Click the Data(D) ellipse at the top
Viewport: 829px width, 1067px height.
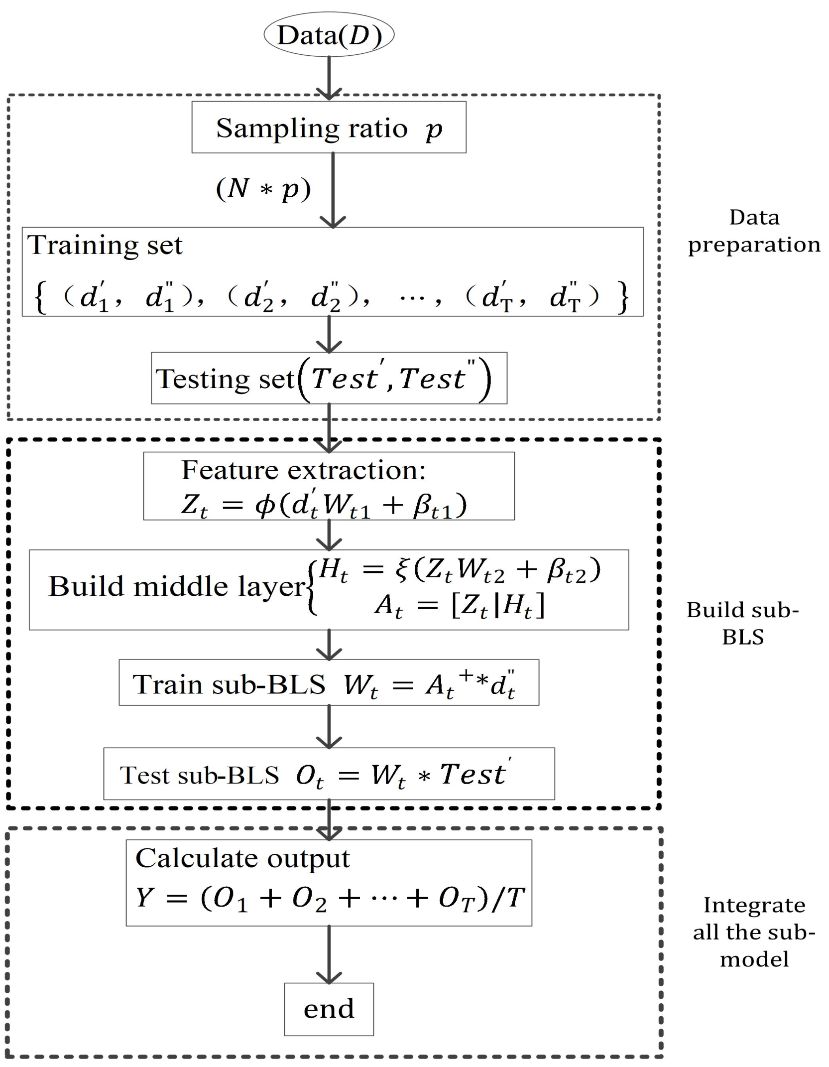(329, 35)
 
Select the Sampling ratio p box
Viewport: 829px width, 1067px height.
(329, 128)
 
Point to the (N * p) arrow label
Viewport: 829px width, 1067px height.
(263, 189)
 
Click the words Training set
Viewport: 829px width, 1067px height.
(105, 245)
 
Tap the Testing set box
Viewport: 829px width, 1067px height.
(329, 378)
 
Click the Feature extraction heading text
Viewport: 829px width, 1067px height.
(303, 470)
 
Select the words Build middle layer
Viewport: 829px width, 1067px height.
(176, 586)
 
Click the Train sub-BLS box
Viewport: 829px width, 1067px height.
(329, 683)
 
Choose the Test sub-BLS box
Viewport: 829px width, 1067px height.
(329, 774)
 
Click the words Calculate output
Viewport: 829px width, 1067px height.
(242, 858)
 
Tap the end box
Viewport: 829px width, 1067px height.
(329, 1009)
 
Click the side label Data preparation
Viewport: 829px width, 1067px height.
(753, 231)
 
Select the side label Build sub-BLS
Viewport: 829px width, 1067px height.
(742, 623)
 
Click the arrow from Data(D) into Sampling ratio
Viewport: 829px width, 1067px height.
(329, 77)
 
